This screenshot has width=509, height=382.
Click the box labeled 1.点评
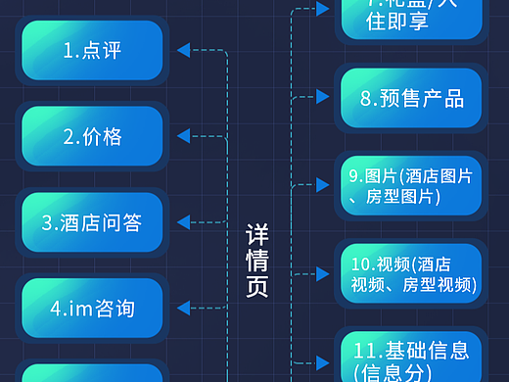[x=93, y=50]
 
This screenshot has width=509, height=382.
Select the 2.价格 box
[x=93, y=136]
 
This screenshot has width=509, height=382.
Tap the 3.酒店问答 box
[x=93, y=222]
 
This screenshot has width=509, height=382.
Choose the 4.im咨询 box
[x=93, y=308]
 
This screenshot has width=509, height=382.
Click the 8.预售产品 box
[x=411, y=98]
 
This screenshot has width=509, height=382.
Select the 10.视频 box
[x=411, y=273]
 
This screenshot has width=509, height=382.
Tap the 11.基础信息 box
[x=411, y=358]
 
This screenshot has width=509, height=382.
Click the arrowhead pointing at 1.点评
[x=183, y=50]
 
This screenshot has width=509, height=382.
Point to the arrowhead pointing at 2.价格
[x=183, y=136]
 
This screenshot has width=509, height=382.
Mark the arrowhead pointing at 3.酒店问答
[x=183, y=222]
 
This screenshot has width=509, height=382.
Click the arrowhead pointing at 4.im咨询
[x=183, y=308]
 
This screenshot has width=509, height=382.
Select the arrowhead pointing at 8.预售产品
[x=322, y=96]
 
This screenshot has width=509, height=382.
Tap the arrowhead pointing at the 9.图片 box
[x=322, y=183]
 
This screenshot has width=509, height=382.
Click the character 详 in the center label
[x=256, y=235]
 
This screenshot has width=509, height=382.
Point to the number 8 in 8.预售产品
[x=365, y=99]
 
